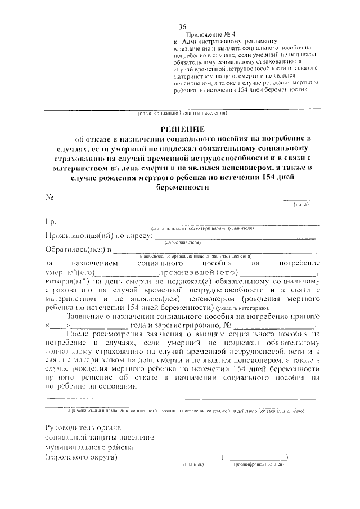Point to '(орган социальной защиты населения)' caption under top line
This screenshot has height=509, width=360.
[182, 113]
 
